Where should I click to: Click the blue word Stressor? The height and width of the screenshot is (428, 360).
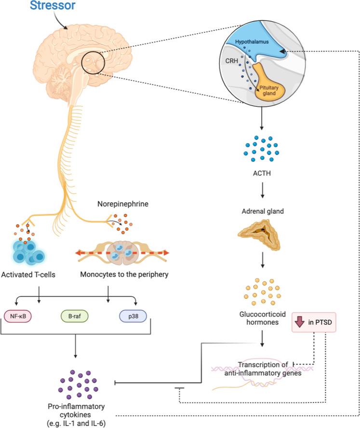coord(52,6)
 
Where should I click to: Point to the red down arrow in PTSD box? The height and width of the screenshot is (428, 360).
coord(299,321)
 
